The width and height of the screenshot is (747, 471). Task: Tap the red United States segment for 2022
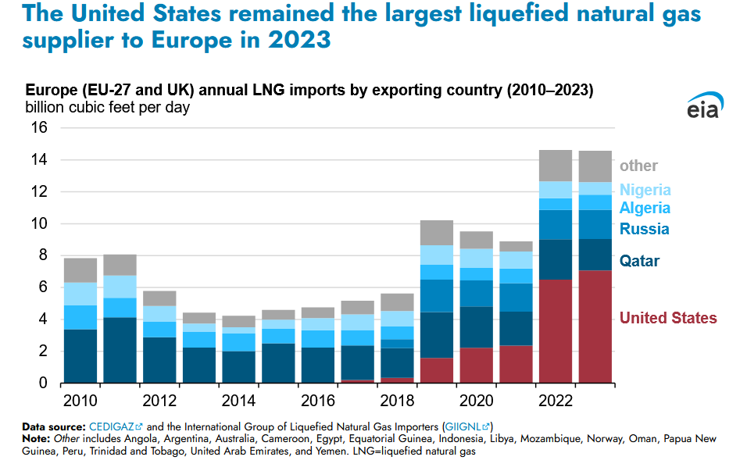556,331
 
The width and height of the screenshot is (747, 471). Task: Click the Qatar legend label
639,261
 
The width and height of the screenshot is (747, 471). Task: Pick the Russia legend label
644,229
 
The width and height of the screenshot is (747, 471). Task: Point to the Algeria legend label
645,208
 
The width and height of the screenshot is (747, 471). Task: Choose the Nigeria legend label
645,190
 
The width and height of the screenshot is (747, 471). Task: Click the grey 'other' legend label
638,166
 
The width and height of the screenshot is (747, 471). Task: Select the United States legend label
668,318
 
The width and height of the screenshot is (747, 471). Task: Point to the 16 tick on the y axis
39,127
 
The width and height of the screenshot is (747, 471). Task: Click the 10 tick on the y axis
39,223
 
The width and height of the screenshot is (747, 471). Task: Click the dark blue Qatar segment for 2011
120,350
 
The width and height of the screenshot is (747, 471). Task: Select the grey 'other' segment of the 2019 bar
437,233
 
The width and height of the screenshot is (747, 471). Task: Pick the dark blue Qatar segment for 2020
476,326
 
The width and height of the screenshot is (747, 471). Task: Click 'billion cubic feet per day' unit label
108,107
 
